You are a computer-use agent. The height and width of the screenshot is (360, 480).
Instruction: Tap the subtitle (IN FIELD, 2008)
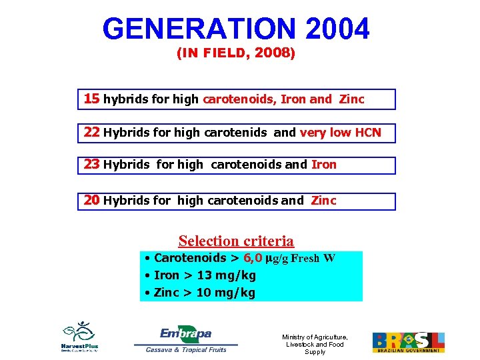pos(235,54)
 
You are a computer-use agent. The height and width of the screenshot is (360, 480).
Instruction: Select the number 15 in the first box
pos(91,99)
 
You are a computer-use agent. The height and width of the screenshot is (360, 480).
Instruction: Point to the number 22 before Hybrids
pos(92,133)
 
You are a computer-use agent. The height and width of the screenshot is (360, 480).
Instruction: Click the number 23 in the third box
pos(92,165)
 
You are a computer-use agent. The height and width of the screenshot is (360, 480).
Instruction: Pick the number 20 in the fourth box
pos(92,200)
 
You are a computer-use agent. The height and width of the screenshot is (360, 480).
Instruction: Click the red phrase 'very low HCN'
pos(340,133)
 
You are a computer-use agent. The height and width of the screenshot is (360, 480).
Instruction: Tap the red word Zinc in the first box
pos(351,99)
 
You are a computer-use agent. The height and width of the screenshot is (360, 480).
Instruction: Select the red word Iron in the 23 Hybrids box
pos(324,165)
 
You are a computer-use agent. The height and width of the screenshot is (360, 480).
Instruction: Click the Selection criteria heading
pos(236,241)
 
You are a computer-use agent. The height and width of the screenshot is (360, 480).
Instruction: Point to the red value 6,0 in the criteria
pos(253,259)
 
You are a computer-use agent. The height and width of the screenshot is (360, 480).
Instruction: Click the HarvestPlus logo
pos(80,337)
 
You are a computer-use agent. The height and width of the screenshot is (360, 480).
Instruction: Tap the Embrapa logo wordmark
pos(185,333)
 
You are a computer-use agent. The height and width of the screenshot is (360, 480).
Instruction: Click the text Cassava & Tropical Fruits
pos(186,349)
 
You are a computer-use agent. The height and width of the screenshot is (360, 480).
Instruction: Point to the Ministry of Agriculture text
pos(315,344)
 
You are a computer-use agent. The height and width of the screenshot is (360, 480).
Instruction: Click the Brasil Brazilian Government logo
pos(408,342)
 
